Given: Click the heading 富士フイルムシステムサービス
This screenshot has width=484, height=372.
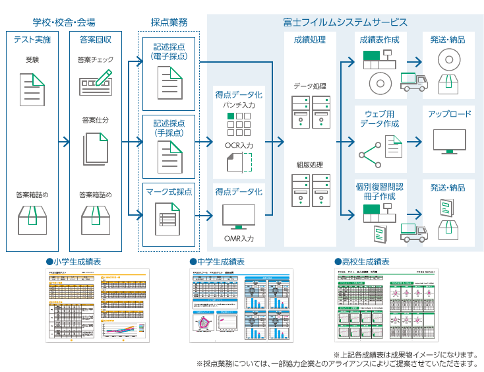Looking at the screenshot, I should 345,22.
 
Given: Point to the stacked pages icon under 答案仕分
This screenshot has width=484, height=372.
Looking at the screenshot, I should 96,150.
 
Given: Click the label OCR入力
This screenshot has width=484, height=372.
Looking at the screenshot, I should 238,143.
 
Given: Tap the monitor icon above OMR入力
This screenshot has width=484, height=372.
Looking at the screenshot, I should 238,216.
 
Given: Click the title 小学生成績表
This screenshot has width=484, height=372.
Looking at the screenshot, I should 76,262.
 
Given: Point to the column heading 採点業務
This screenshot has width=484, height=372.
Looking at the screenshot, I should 169,22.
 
